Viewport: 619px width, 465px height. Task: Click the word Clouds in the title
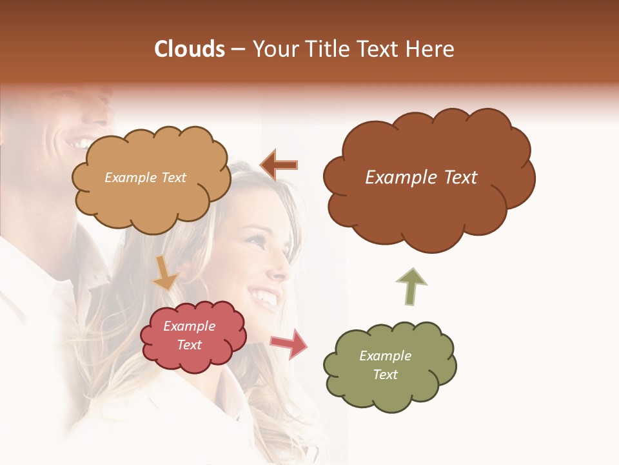(x=190, y=49)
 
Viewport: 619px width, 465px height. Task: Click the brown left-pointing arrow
(x=279, y=165)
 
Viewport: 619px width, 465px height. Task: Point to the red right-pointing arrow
(x=289, y=343)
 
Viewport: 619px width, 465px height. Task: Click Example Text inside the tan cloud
(x=145, y=178)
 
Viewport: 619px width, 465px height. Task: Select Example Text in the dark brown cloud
(x=421, y=178)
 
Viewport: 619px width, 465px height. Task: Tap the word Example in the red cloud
(x=190, y=326)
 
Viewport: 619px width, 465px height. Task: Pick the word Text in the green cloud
(x=386, y=375)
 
